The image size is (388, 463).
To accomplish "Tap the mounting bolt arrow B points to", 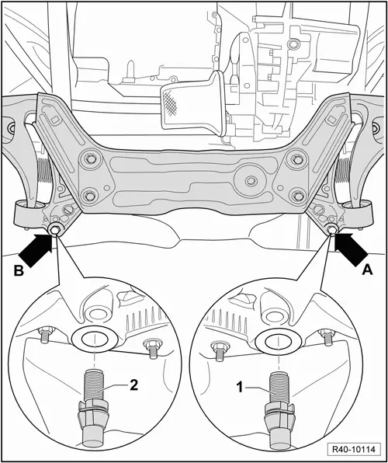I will click(57, 231).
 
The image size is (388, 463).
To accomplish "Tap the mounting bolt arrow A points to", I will click(332, 231).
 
